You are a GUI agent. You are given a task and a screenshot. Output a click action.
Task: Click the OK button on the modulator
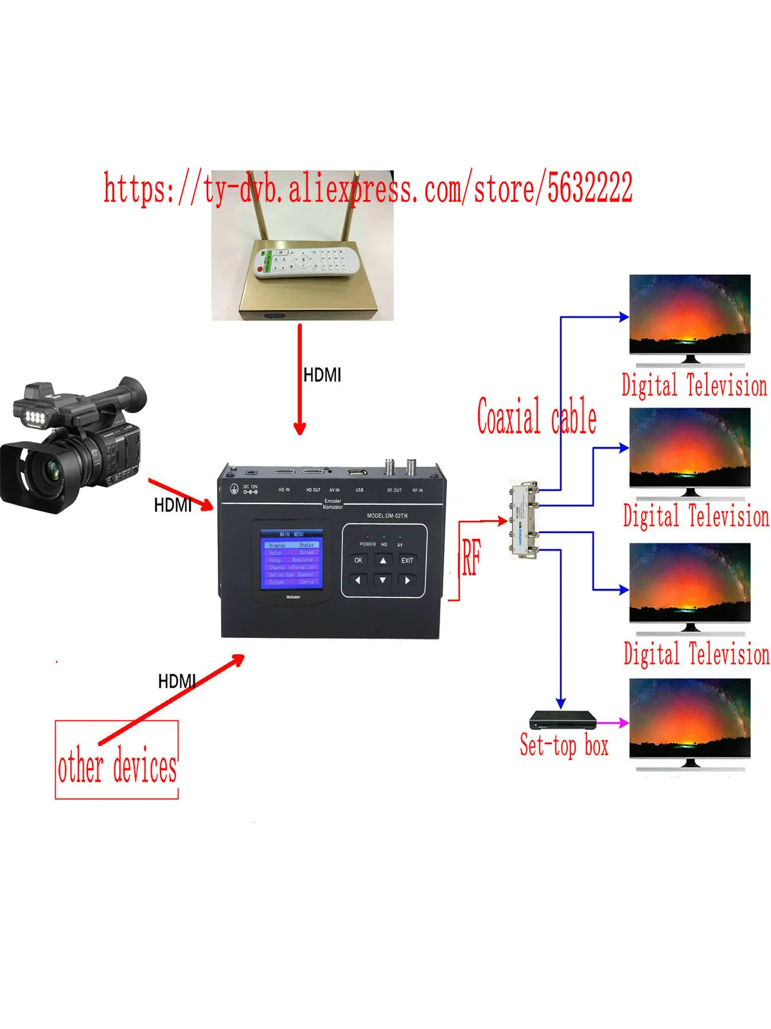(358, 560)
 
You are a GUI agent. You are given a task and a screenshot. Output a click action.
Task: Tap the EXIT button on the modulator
(407, 560)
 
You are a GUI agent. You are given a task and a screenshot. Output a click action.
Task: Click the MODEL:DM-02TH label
(387, 516)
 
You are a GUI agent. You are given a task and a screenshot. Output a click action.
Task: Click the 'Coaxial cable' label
(536, 417)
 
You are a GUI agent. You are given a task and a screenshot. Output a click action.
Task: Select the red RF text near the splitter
(471, 557)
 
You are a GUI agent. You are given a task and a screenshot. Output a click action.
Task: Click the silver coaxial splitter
(524, 519)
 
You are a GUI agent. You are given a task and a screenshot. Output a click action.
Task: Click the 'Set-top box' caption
(563, 746)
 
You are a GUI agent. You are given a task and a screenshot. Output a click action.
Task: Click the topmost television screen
(689, 313)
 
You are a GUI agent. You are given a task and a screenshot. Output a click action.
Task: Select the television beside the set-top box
(689, 717)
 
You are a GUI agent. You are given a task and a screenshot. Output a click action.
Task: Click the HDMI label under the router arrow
(322, 375)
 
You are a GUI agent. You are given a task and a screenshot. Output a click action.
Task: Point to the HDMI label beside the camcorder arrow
(172, 505)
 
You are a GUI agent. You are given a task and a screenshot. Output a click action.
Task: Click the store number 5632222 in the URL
(589, 188)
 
